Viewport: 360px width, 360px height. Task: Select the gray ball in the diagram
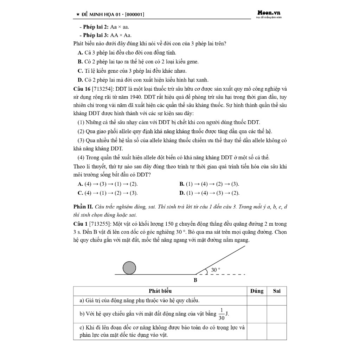click(x=129, y=268)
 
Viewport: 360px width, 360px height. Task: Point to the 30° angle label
click(x=216, y=270)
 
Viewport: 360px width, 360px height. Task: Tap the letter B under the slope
click(x=195, y=280)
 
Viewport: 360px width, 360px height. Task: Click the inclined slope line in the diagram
click(x=221, y=260)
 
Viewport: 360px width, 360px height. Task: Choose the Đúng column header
click(x=257, y=291)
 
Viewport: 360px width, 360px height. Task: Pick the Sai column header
click(x=277, y=291)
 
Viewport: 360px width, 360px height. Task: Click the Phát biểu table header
click(x=160, y=291)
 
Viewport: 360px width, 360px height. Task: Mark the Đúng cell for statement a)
click(x=257, y=301)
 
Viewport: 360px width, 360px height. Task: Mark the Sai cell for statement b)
click(x=277, y=314)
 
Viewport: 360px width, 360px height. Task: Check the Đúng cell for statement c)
click(x=257, y=331)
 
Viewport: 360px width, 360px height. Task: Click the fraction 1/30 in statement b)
click(x=221, y=314)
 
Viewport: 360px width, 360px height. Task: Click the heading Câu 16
click(x=82, y=89)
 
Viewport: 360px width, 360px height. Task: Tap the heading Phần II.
click(x=83, y=207)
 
